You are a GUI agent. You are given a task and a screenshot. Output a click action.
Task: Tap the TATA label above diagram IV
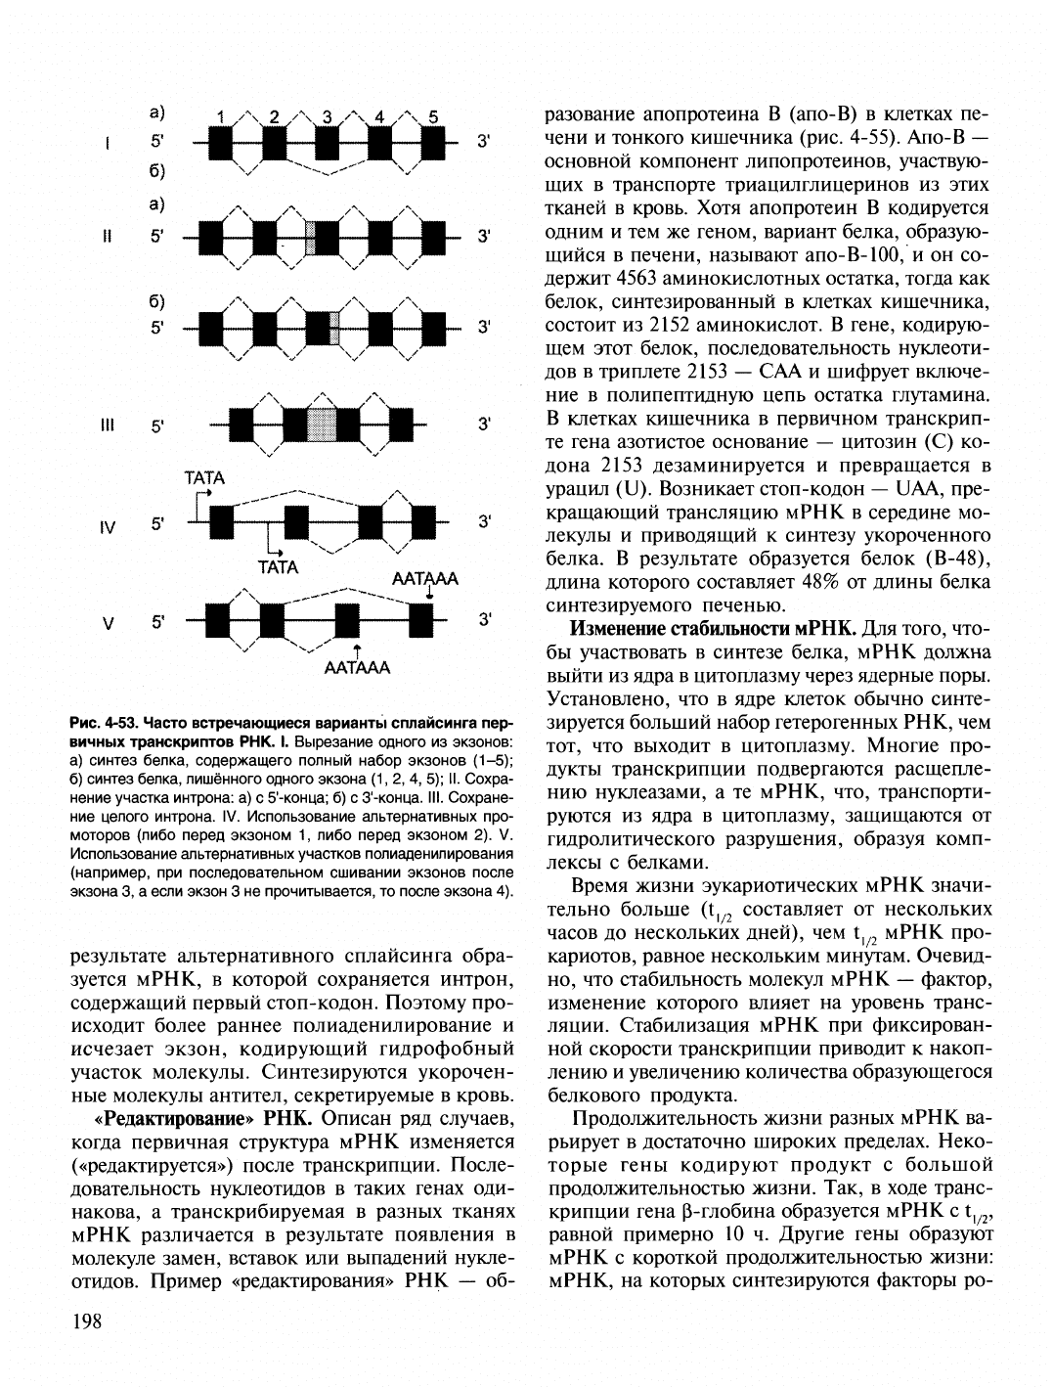(x=204, y=478)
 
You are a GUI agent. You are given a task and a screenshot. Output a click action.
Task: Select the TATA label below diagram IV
(x=277, y=567)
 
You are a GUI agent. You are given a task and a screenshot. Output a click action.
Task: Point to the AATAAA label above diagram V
(x=425, y=580)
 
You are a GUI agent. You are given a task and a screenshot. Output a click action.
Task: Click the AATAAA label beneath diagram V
(x=358, y=668)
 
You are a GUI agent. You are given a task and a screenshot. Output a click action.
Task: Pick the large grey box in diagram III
(x=323, y=425)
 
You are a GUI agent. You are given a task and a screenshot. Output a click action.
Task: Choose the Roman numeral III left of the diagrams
(x=108, y=425)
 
